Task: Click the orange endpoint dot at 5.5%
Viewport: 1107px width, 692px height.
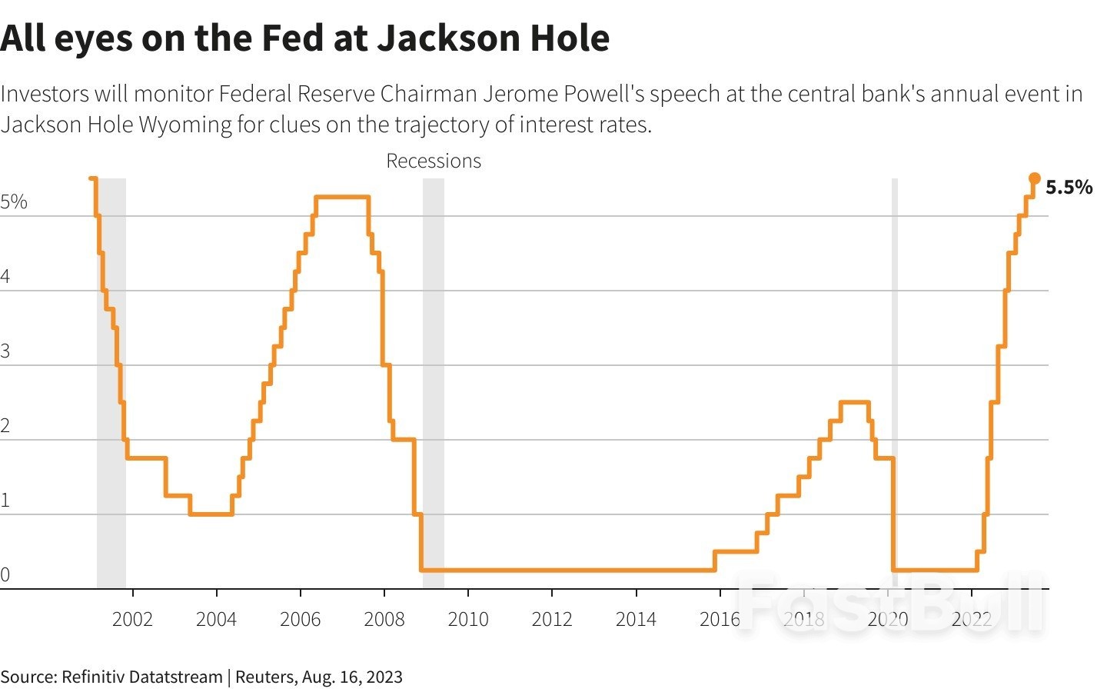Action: [x=1035, y=178]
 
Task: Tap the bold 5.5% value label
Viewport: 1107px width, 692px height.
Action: [x=1069, y=188]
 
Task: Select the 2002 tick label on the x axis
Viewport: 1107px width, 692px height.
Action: [x=132, y=619]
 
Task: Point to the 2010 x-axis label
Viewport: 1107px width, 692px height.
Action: [x=467, y=619]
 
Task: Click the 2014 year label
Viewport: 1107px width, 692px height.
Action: [x=636, y=619]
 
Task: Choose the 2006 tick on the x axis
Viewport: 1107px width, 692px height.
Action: [x=300, y=619]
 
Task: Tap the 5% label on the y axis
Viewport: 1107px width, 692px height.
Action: [x=14, y=202]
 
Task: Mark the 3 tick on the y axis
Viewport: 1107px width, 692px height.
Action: [x=5, y=352]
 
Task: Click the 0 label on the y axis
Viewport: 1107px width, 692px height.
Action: [x=5, y=575]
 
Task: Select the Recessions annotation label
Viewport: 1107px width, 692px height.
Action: [x=434, y=161]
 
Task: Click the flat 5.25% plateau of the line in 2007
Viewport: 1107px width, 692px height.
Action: [x=342, y=198]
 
